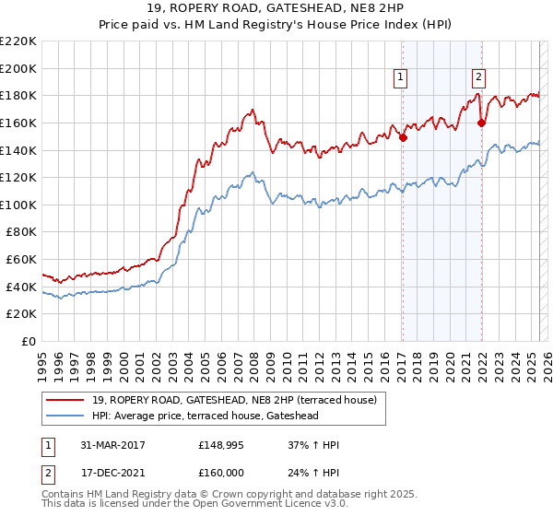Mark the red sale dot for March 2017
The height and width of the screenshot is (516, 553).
click(403, 137)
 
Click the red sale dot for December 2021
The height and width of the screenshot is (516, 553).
click(481, 123)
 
